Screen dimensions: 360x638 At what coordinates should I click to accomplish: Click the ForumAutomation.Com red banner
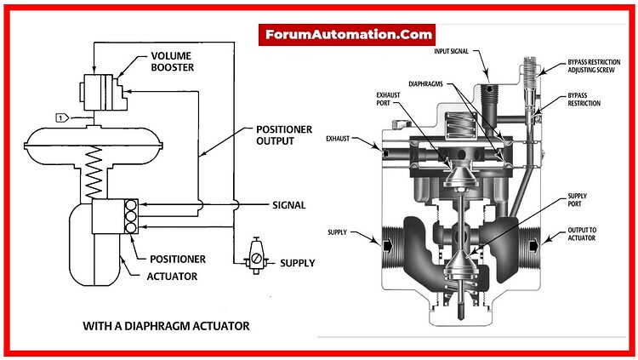[347, 36]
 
